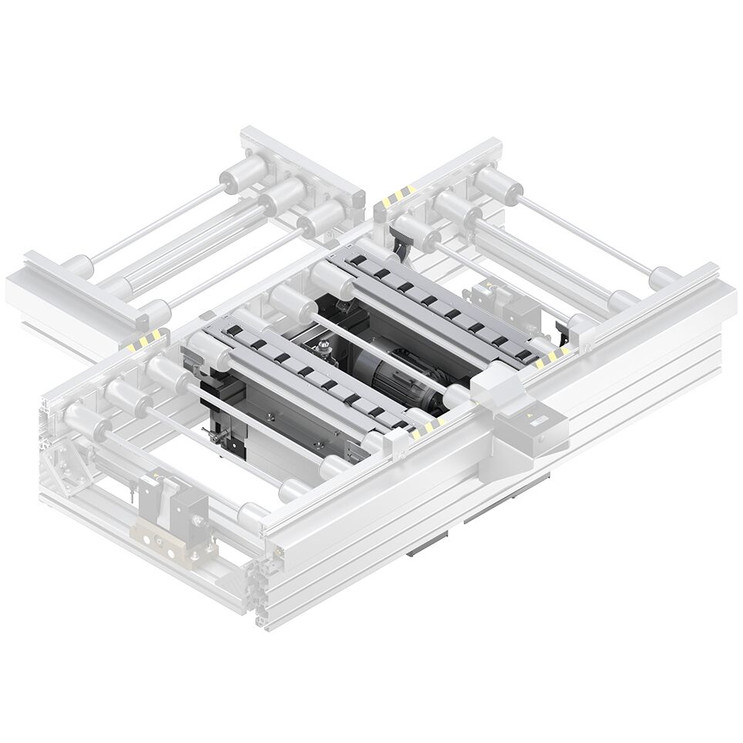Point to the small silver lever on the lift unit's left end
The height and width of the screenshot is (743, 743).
pos(220,438)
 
